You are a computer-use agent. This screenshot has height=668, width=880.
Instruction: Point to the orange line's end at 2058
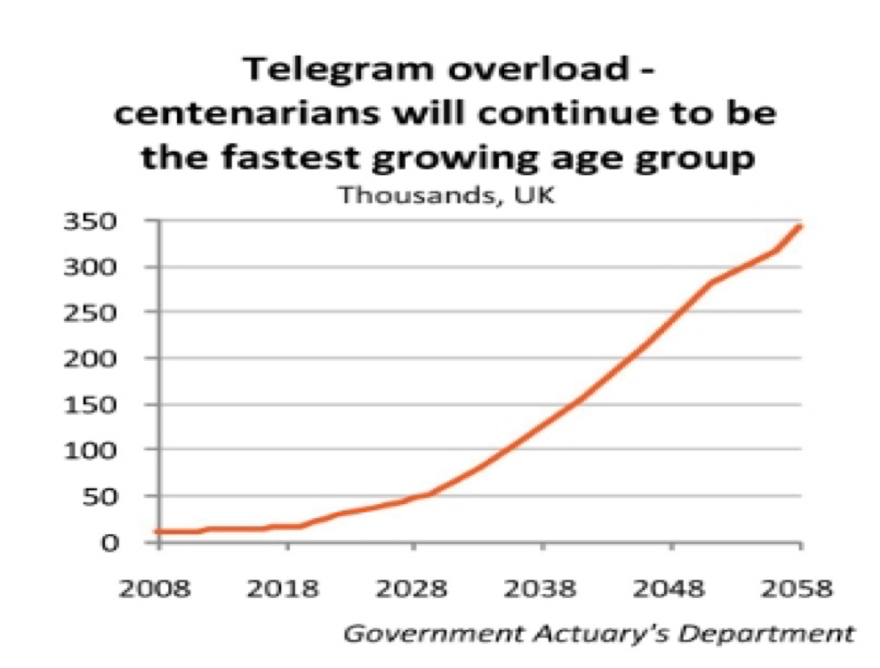tap(801, 226)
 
